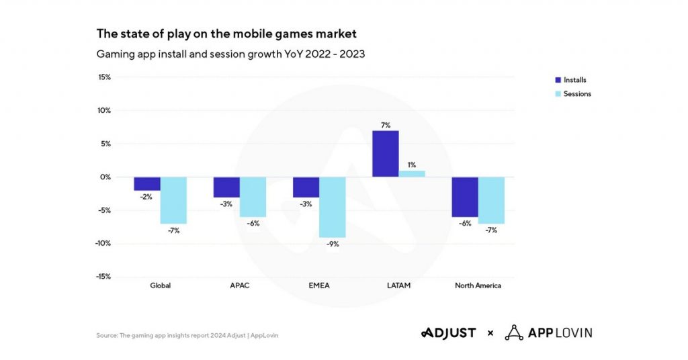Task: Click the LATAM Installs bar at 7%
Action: click(386, 154)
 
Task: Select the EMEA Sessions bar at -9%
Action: click(333, 207)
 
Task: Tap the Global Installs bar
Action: click(147, 184)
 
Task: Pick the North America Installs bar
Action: click(464, 197)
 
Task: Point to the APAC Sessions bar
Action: click(253, 197)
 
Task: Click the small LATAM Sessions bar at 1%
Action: click(412, 174)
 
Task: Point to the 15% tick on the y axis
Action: click(103, 77)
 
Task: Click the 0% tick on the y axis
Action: click(105, 177)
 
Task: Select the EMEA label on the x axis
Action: click(319, 285)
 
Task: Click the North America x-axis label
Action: click(478, 285)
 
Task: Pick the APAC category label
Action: click(240, 285)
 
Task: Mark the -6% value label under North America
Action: click(464, 224)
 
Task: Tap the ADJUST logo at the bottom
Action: click(448, 333)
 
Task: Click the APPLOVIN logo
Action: click(548, 333)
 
